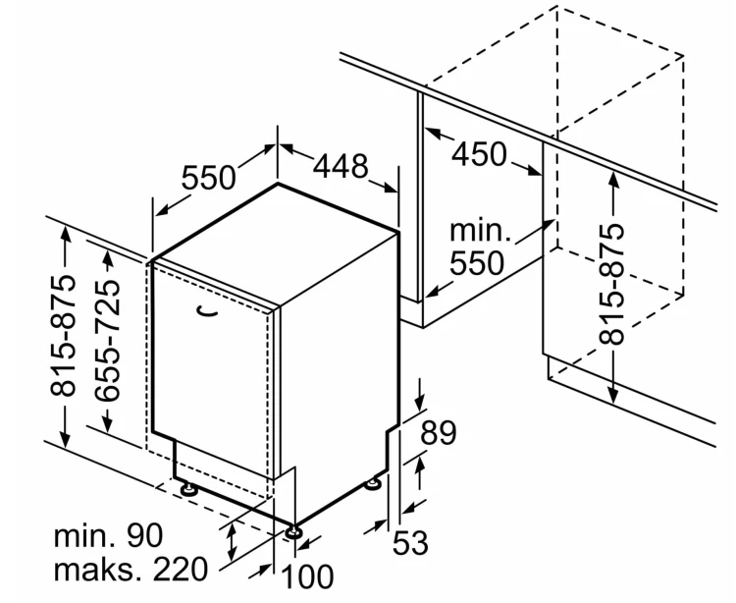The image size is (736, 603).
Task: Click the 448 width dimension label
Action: point(341,166)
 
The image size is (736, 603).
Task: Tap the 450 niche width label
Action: point(479,153)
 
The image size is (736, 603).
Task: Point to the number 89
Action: point(438,432)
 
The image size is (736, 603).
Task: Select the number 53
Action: point(410,542)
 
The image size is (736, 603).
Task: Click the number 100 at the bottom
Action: point(308,576)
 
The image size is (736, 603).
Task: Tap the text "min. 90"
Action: point(108,535)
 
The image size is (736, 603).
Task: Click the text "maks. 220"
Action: point(131,570)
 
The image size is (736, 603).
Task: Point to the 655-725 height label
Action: point(107,341)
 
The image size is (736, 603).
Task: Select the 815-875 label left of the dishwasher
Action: point(63,336)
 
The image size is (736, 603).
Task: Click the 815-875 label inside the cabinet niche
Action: point(612,284)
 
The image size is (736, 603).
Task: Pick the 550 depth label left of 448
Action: point(208,178)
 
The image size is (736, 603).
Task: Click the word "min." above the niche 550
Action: point(480,231)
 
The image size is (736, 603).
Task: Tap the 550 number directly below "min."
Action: point(477,262)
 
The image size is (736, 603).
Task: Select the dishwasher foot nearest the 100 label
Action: point(294,532)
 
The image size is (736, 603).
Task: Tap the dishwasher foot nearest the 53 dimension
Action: point(374,483)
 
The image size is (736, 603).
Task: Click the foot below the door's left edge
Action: point(188,488)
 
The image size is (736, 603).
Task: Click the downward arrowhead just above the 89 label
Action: point(419,402)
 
